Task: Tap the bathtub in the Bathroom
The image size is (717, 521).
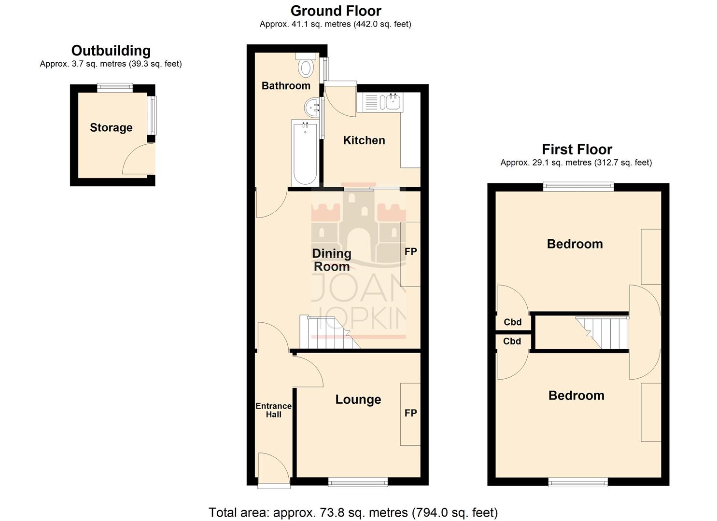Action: click(x=305, y=152)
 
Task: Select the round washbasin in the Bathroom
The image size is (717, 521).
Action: click(x=312, y=106)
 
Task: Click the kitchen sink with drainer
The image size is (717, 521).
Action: click(x=380, y=102)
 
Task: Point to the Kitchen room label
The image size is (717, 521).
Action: click(x=364, y=140)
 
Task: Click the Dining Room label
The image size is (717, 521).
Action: click(x=332, y=260)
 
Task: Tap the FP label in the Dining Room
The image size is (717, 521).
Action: click(x=410, y=251)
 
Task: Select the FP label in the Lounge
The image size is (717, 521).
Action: click(x=410, y=413)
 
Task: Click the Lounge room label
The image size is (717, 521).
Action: click(x=358, y=399)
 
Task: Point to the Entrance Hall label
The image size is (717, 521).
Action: click(x=273, y=410)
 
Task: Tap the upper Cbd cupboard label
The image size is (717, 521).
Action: click(x=513, y=322)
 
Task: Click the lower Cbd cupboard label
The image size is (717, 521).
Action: click(x=512, y=342)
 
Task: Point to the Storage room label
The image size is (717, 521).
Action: click(x=111, y=128)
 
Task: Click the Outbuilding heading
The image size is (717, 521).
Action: click(x=111, y=51)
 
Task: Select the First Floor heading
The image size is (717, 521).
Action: click(x=577, y=150)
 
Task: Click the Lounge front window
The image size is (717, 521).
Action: click(x=358, y=481)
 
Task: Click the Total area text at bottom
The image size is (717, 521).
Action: click(x=353, y=512)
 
